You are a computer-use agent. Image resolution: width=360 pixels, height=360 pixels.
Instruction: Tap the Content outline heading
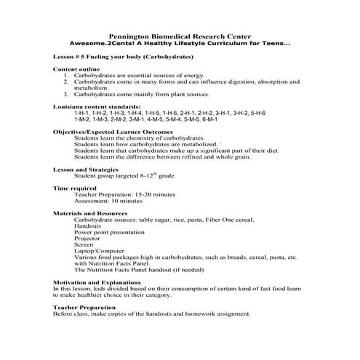pos(74,69)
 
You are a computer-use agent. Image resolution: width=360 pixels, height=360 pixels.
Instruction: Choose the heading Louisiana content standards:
pos(92,107)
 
